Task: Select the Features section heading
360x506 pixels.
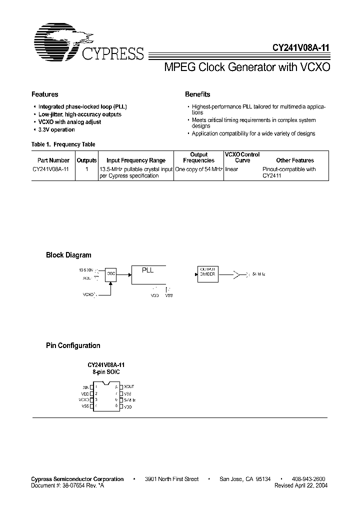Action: (x=45, y=94)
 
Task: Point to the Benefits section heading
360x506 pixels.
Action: (x=197, y=94)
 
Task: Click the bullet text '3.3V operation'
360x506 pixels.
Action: (x=56, y=130)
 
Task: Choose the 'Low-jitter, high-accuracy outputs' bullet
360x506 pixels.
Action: (x=79, y=114)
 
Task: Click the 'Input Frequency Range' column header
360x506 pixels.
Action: (x=136, y=160)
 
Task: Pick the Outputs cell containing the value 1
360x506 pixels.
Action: (x=86, y=169)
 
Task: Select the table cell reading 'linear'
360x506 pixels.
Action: (x=231, y=169)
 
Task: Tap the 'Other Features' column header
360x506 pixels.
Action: (x=295, y=160)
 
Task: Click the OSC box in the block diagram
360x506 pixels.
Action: (x=111, y=274)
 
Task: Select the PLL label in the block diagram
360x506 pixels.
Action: (x=147, y=270)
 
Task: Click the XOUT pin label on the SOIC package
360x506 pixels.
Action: (x=129, y=386)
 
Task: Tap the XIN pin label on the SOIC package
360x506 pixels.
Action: (x=85, y=387)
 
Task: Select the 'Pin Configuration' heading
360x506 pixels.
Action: (x=73, y=345)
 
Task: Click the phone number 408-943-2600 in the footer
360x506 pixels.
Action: (x=309, y=479)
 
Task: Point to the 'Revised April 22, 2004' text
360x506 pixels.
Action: (x=301, y=485)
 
